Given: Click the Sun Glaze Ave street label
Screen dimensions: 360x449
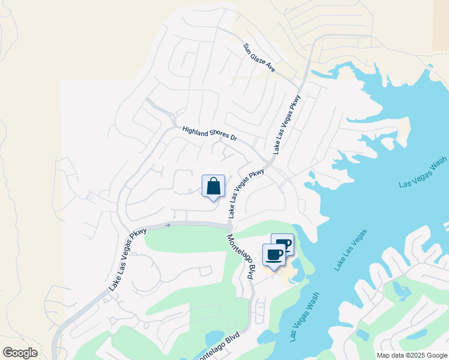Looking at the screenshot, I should click(259, 58).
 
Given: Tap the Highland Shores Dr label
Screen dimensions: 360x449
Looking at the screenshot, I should click(210, 134).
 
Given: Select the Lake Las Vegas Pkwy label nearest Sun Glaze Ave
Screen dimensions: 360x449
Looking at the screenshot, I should click(286, 124).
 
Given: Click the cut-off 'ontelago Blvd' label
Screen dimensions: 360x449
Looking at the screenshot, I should click(220, 348).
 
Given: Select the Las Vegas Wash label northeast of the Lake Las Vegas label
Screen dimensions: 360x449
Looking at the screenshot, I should click(423, 173).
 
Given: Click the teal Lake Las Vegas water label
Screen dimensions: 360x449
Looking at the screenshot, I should click(351, 250).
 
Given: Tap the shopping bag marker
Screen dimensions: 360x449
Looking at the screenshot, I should click(213, 187).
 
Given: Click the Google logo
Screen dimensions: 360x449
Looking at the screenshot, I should click(20, 353).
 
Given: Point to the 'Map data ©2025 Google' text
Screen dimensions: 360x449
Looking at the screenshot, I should click(412, 355).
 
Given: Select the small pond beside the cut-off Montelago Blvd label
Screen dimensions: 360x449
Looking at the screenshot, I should click(213, 337).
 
